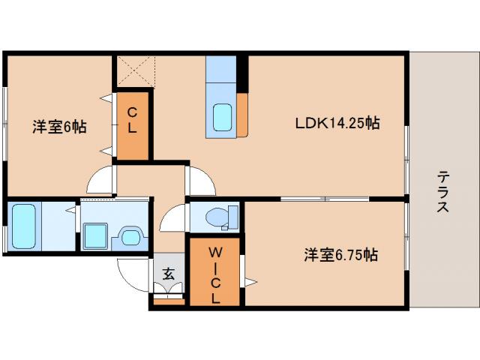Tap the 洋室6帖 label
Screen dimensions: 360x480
click(x=58, y=127)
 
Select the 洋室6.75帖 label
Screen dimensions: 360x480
click(x=340, y=255)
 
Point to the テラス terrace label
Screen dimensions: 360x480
click(x=444, y=192)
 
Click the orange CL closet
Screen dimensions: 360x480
click(x=132, y=124)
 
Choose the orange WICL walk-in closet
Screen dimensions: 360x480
click(x=215, y=271)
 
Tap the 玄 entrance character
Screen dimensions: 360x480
click(x=169, y=274)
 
